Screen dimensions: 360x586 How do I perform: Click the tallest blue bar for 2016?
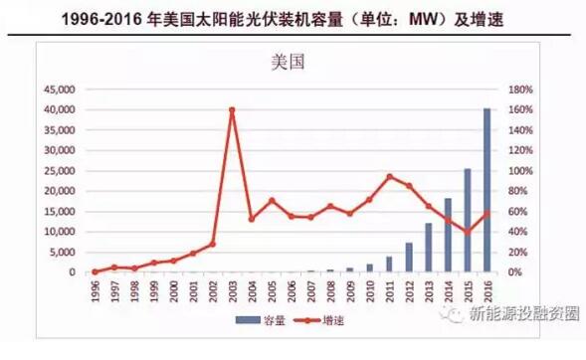[487, 190]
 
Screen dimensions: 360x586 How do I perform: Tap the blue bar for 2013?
[429, 248]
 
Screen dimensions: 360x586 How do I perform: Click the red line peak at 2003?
[232, 109]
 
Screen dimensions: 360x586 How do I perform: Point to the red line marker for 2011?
[389, 177]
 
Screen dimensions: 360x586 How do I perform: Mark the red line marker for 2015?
[468, 232]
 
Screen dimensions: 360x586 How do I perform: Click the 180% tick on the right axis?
[521, 89]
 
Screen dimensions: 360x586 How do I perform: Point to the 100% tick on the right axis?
[521, 170]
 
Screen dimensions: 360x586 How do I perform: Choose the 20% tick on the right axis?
[519, 252]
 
